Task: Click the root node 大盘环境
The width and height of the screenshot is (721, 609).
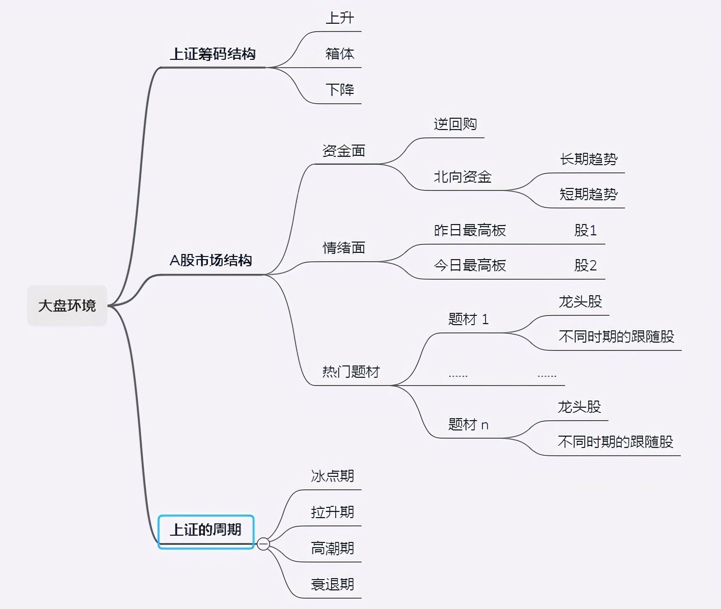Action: [67, 306]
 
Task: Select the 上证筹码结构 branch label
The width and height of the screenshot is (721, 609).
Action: [213, 54]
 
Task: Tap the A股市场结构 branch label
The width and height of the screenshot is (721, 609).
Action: [211, 261]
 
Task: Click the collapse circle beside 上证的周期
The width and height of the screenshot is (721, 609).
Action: [263, 544]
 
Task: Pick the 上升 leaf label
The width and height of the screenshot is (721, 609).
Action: [340, 18]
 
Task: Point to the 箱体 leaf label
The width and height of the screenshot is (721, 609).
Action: [340, 54]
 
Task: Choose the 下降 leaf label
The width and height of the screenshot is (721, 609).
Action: [340, 90]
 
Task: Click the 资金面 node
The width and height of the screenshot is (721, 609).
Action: [343, 151]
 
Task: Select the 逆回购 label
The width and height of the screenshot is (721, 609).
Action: [455, 124]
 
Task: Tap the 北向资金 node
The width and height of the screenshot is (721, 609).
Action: [463, 177]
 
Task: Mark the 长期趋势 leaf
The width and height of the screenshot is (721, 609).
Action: [589, 159]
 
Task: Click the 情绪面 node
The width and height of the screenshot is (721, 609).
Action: [343, 248]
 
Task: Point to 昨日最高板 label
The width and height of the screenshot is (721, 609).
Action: [470, 230]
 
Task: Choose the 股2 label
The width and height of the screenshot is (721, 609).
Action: [586, 266]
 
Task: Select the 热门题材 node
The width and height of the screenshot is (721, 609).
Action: [351, 372]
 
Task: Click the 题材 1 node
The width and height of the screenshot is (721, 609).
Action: [468, 319]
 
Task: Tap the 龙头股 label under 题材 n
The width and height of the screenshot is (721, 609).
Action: [579, 407]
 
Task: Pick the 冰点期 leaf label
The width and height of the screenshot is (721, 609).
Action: [333, 476]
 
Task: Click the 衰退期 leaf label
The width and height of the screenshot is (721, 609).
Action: [333, 585]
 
